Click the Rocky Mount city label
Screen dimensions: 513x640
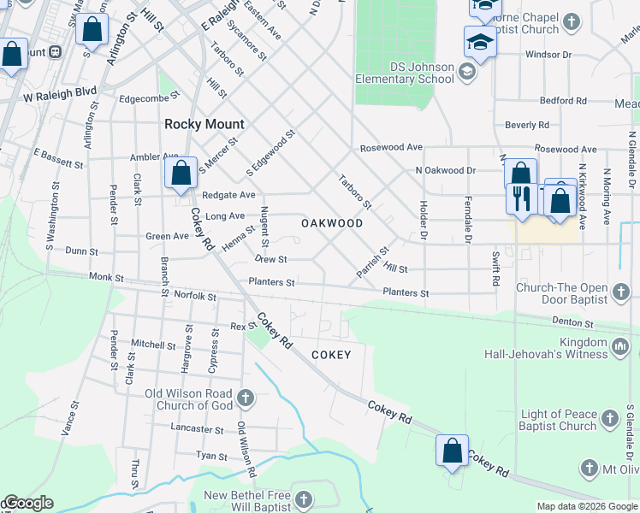click(204, 124)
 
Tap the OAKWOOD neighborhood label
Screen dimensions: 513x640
click(332, 223)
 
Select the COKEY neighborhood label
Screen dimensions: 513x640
click(331, 354)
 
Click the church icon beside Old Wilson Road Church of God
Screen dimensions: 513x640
click(246, 398)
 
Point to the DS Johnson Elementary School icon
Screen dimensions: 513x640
click(467, 71)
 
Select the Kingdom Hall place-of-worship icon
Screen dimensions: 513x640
click(621, 347)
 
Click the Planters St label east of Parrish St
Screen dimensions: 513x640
click(406, 293)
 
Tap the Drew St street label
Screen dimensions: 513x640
click(270, 258)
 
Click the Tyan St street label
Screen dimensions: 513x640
click(211, 457)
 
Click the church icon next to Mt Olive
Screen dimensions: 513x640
click(589, 468)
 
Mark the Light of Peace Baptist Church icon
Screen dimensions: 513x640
click(609, 419)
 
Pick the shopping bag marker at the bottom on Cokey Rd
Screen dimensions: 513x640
click(452, 451)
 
